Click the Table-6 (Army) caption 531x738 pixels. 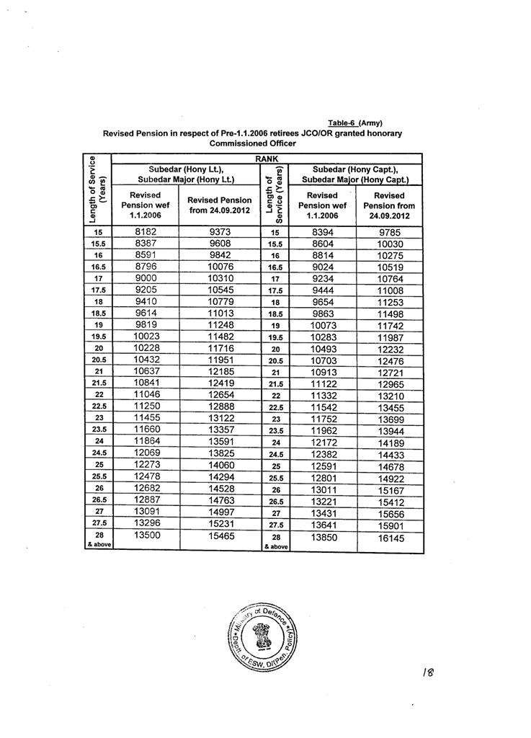tap(355, 123)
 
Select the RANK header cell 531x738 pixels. tap(267, 158)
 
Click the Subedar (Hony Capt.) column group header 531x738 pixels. tap(355, 174)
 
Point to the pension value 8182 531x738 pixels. tap(146, 232)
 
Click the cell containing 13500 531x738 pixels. tap(146, 535)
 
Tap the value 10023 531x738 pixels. tap(146, 336)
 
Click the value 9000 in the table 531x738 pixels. tap(146, 277)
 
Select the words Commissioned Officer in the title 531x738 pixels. tap(252, 143)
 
